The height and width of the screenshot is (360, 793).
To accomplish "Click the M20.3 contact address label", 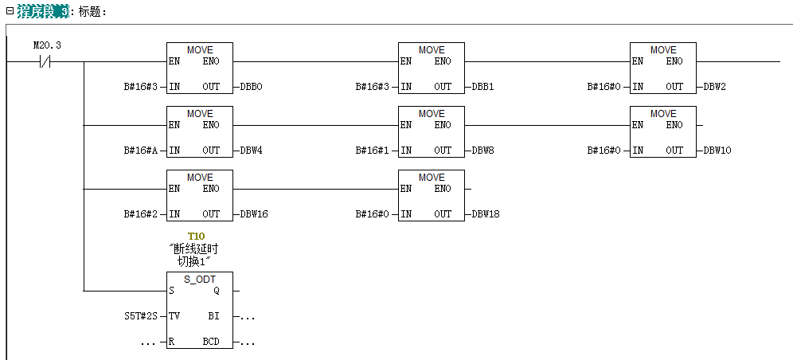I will [x=47, y=45].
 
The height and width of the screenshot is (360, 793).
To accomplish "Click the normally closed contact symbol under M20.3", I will [x=46, y=62].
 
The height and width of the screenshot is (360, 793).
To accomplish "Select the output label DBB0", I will [x=251, y=87].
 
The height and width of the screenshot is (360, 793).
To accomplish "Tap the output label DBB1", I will [x=482, y=87].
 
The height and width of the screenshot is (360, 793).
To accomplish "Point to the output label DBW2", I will [x=714, y=87].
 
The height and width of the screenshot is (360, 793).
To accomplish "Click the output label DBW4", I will [x=251, y=151].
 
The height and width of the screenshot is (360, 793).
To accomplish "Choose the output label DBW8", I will [x=482, y=151].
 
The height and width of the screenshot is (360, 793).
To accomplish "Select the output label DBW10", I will [x=717, y=151].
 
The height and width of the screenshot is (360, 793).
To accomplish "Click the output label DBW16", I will [x=253, y=214].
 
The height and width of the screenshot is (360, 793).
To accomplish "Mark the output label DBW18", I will [x=485, y=214].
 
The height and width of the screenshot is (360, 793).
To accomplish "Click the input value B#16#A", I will [x=140, y=151].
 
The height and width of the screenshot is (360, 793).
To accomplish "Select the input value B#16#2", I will [x=140, y=214].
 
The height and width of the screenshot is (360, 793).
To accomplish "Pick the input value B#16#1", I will [x=372, y=151].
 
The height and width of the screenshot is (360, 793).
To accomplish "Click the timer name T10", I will [x=196, y=237].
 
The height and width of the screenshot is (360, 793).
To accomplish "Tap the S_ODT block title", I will [x=200, y=279].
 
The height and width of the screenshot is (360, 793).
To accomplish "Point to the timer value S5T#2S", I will [x=140, y=316].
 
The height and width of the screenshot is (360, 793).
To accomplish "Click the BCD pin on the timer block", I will [x=210, y=342].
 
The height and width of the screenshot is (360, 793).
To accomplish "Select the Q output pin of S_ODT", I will [x=217, y=291].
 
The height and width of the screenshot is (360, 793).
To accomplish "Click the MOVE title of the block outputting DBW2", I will [x=663, y=50].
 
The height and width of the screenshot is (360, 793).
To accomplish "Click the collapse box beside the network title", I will [x=10, y=12].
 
